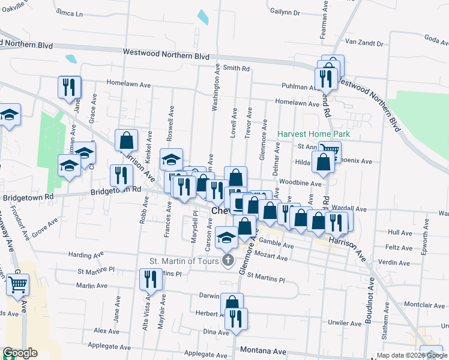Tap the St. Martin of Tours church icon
click(x=228, y=260)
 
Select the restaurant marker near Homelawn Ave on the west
click(x=70, y=87)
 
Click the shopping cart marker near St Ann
click(x=329, y=151)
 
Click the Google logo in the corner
click(x=20, y=353)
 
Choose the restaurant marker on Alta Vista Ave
click(x=151, y=279)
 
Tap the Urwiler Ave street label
click(x=345, y=323)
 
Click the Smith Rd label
click(x=236, y=68)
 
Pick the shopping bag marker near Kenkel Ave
click(x=127, y=142)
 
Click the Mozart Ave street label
click(x=274, y=257)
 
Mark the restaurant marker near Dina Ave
click(x=237, y=319)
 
